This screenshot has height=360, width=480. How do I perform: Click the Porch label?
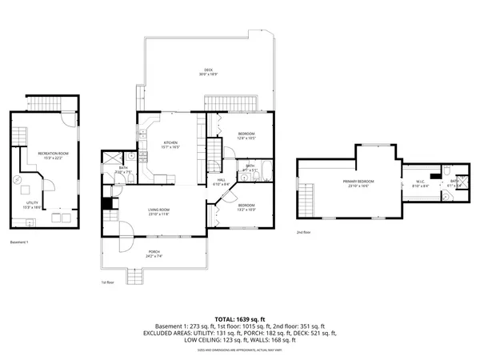pos(154,252)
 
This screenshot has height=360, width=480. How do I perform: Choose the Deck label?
pos(208,71)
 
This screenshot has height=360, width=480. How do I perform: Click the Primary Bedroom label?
pos(358,182)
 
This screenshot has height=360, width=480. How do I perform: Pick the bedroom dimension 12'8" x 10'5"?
pos(246,138)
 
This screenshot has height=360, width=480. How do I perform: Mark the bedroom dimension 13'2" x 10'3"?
pos(246,209)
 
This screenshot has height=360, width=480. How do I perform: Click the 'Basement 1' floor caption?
pos(19,242)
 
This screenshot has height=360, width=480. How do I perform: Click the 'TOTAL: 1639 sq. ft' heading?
pos(239,319)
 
